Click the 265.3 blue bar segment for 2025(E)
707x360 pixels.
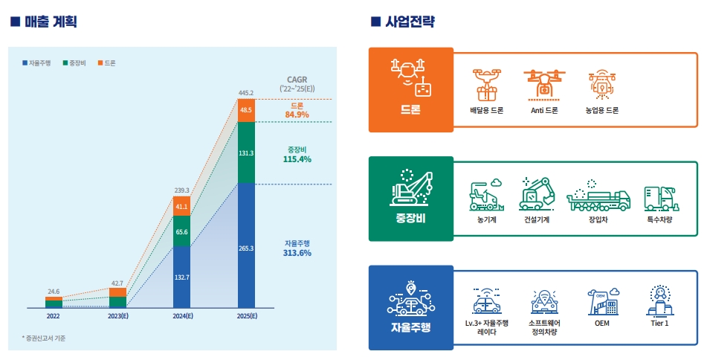[x=246, y=247]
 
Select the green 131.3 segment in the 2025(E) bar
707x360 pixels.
[x=246, y=152]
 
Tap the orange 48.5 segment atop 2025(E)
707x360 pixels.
[x=246, y=110]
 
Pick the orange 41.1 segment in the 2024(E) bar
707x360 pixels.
[x=181, y=206]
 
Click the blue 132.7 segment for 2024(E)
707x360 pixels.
[x=181, y=277]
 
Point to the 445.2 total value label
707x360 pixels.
[x=246, y=93]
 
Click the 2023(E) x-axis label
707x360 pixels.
[x=117, y=317]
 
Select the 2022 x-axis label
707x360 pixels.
[x=54, y=317]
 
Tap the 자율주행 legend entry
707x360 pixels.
[x=36, y=63]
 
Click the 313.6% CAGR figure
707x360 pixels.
[x=297, y=253]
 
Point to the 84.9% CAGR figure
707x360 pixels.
[x=297, y=115]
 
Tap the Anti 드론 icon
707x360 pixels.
[x=544, y=85]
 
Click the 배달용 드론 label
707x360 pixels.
[x=487, y=110]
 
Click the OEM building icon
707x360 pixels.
[x=602, y=301]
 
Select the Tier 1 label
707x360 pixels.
[x=659, y=323]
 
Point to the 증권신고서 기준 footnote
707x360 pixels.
[x=44, y=338]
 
